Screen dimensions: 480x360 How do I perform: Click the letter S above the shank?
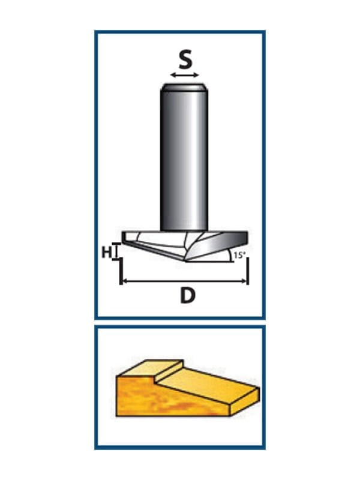coord(185,60)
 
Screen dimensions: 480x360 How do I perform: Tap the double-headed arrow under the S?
coord(185,76)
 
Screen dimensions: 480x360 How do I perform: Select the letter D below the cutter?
coord(188,296)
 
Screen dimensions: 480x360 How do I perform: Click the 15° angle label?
coord(239,255)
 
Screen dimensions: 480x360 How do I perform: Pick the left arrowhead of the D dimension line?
coord(123,281)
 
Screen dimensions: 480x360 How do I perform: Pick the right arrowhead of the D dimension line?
coord(245,281)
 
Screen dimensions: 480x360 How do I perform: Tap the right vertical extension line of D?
coord(247,270)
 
